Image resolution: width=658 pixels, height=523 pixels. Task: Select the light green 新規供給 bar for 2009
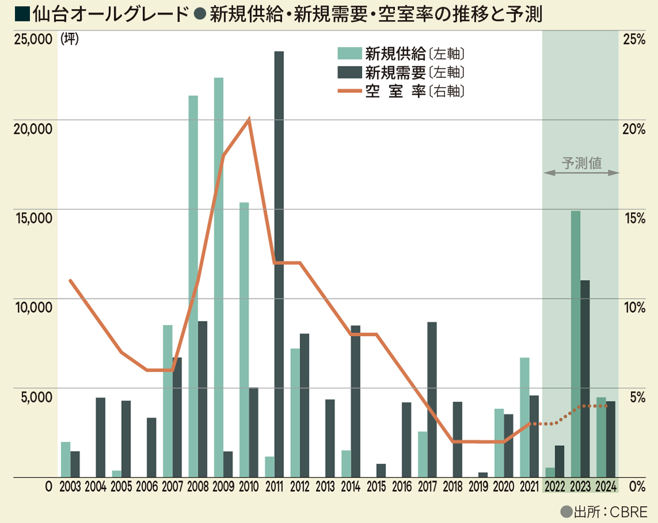219,277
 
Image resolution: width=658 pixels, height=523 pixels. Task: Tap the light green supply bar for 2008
193,286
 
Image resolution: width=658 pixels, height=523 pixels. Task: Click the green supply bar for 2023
575,344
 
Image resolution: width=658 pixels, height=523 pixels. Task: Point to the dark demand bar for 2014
356,401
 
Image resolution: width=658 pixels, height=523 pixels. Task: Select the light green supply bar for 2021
525,417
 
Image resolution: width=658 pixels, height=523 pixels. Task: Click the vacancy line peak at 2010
249,119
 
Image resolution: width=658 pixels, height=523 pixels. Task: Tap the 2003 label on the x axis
70,486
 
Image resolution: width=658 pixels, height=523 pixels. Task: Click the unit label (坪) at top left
70,39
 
